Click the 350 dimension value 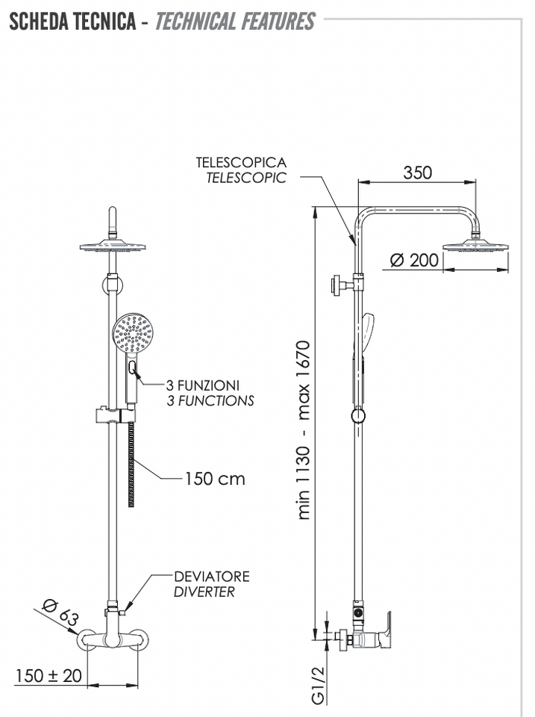pos(417,173)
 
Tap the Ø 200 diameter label pos(414,260)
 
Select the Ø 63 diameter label pos(60,612)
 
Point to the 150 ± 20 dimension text pos(49,675)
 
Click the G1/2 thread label pos(318,685)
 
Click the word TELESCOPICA pos(241,162)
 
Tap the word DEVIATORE pos(212,576)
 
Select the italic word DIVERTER pos(204,592)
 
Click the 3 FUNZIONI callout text pos(203,385)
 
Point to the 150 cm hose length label pos(215,479)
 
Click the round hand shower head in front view pos(132,332)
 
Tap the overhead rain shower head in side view pos(475,245)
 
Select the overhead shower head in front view pos(113,246)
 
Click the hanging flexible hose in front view pos(131,464)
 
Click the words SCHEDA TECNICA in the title pos(72,21)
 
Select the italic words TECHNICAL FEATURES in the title pos(235,21)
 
